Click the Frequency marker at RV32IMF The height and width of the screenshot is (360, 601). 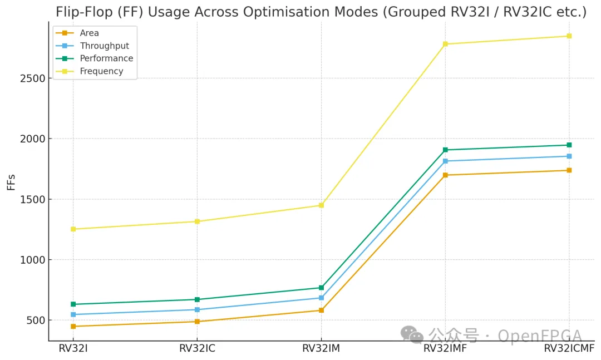tap(445, 44)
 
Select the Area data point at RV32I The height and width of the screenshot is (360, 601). tap(73, 326)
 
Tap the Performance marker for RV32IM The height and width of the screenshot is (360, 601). tap(321, 288)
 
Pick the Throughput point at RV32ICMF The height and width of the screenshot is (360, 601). tap(569, 156)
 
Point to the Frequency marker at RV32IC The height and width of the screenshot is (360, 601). tap(197, 221)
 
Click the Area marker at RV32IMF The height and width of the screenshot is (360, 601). tap(445, 175)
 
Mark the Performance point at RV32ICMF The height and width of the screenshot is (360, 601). tap(569, 145)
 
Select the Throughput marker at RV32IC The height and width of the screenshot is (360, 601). tap(197, 310)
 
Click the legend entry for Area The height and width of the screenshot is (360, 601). tap(89, 33)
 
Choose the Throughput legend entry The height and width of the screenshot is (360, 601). tap(104, 46)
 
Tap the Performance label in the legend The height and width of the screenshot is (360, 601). tap(106, 58)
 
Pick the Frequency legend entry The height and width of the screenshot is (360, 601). tap(101, 71)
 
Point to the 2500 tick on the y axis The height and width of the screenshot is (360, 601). tap(33, 78)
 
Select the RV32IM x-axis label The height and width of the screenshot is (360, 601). tap(321, 349)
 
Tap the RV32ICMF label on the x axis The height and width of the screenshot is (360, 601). tap(569, 349)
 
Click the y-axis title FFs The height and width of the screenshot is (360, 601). tap(12, 181)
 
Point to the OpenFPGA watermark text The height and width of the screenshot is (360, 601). tap(539, 336)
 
